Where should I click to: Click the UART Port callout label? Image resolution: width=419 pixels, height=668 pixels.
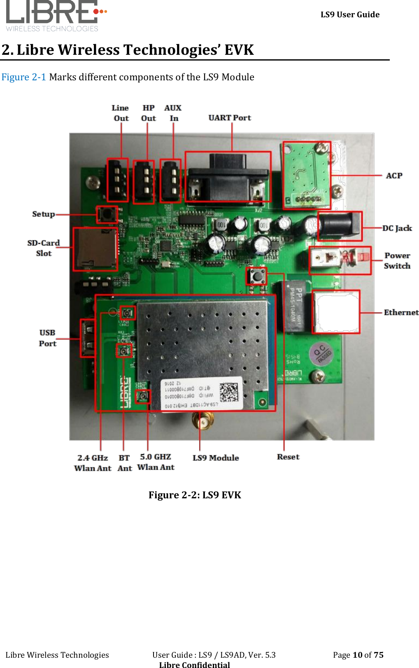(229, 118)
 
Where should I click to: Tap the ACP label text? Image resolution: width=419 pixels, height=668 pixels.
(394, 176)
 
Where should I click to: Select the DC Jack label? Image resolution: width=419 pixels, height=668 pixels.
(397, 228)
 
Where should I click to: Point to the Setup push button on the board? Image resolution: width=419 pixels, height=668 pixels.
(107, 214)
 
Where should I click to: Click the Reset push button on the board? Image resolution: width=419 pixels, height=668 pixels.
(256, 276)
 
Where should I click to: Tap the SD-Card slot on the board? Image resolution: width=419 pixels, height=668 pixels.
(95, 249)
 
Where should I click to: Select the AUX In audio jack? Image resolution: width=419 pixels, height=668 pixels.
(170, 181)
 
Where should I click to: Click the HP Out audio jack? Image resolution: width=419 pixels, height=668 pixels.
(144, 182)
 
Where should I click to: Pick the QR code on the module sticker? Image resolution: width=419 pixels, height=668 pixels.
(228, 392)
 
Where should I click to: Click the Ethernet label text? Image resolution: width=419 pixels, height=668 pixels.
(401, 313)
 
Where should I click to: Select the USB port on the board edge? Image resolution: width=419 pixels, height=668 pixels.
(88, 339)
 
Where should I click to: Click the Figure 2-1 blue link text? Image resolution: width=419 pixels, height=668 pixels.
(23, 77)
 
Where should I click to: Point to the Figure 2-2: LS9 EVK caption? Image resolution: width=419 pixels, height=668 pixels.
(195, 495)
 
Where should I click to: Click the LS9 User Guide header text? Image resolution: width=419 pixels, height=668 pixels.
(350, 15)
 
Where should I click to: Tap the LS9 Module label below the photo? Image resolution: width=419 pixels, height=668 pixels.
(216, 458)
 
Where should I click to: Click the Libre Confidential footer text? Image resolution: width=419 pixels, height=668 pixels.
(194, 664)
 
